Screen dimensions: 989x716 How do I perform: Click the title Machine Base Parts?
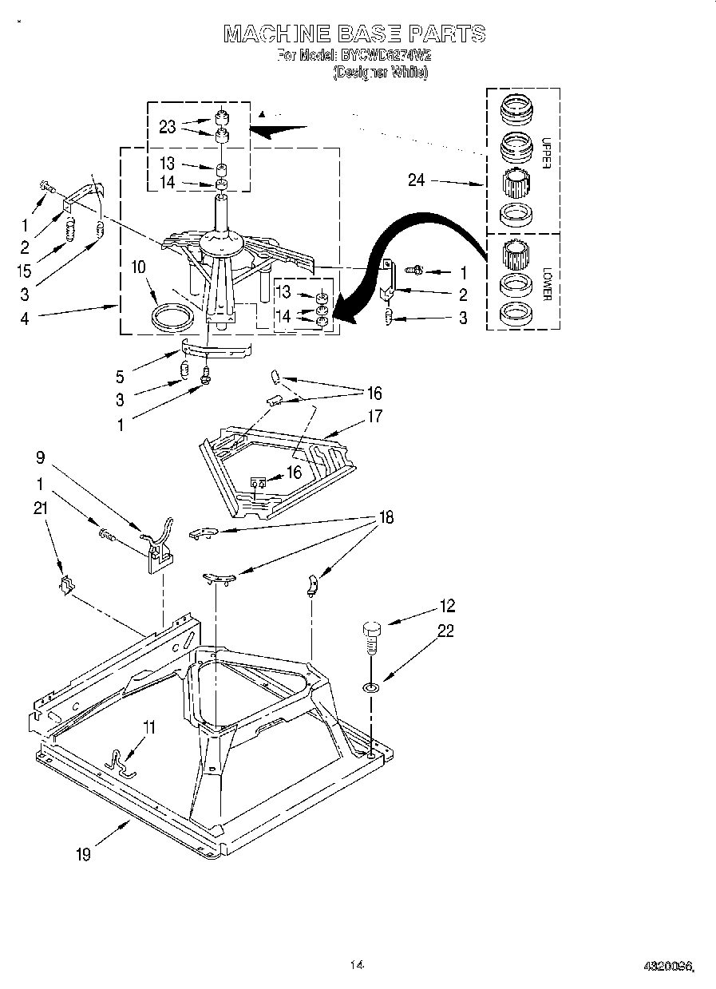(354, 34)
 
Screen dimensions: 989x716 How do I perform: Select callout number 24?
(416, 180)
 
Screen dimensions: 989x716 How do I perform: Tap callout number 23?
(167, 126)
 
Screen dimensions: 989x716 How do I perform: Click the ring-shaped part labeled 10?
(172, 316)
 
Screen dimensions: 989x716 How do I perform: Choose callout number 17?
(374, 416)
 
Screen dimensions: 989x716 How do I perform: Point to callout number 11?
(149, 727)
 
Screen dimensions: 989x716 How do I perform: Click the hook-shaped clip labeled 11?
(120, 761)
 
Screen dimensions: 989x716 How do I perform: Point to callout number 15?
(25, 271)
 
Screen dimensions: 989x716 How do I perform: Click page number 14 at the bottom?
(357, 966)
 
